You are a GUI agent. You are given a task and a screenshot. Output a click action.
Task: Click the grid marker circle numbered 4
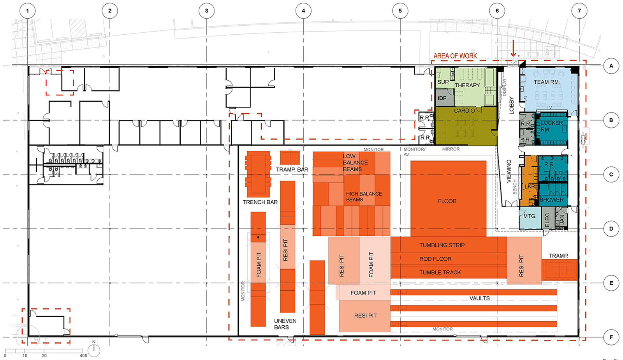pos(303,11)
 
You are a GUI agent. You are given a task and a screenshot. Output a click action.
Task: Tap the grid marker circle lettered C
pos(611,175)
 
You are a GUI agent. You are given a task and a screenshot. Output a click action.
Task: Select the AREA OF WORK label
pos(455,56)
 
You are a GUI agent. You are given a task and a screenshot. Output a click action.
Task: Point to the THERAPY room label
pos(467,85)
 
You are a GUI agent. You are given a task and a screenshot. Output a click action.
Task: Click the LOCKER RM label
pos(551,126)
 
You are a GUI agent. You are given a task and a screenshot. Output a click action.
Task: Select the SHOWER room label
pos(552,200)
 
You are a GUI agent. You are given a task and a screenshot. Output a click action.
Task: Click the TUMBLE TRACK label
pos(440,272)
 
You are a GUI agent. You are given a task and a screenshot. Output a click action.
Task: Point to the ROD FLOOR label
pos(435,259)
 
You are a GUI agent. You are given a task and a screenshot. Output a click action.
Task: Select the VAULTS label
pos(479,298)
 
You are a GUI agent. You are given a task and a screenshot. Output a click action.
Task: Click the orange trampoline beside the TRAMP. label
pos(559,270)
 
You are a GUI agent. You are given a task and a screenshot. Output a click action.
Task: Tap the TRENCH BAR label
pos(260,202)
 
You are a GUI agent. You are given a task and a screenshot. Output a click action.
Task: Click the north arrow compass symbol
pos(94,349)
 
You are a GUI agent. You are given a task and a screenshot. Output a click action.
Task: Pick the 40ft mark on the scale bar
pos(83,355)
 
